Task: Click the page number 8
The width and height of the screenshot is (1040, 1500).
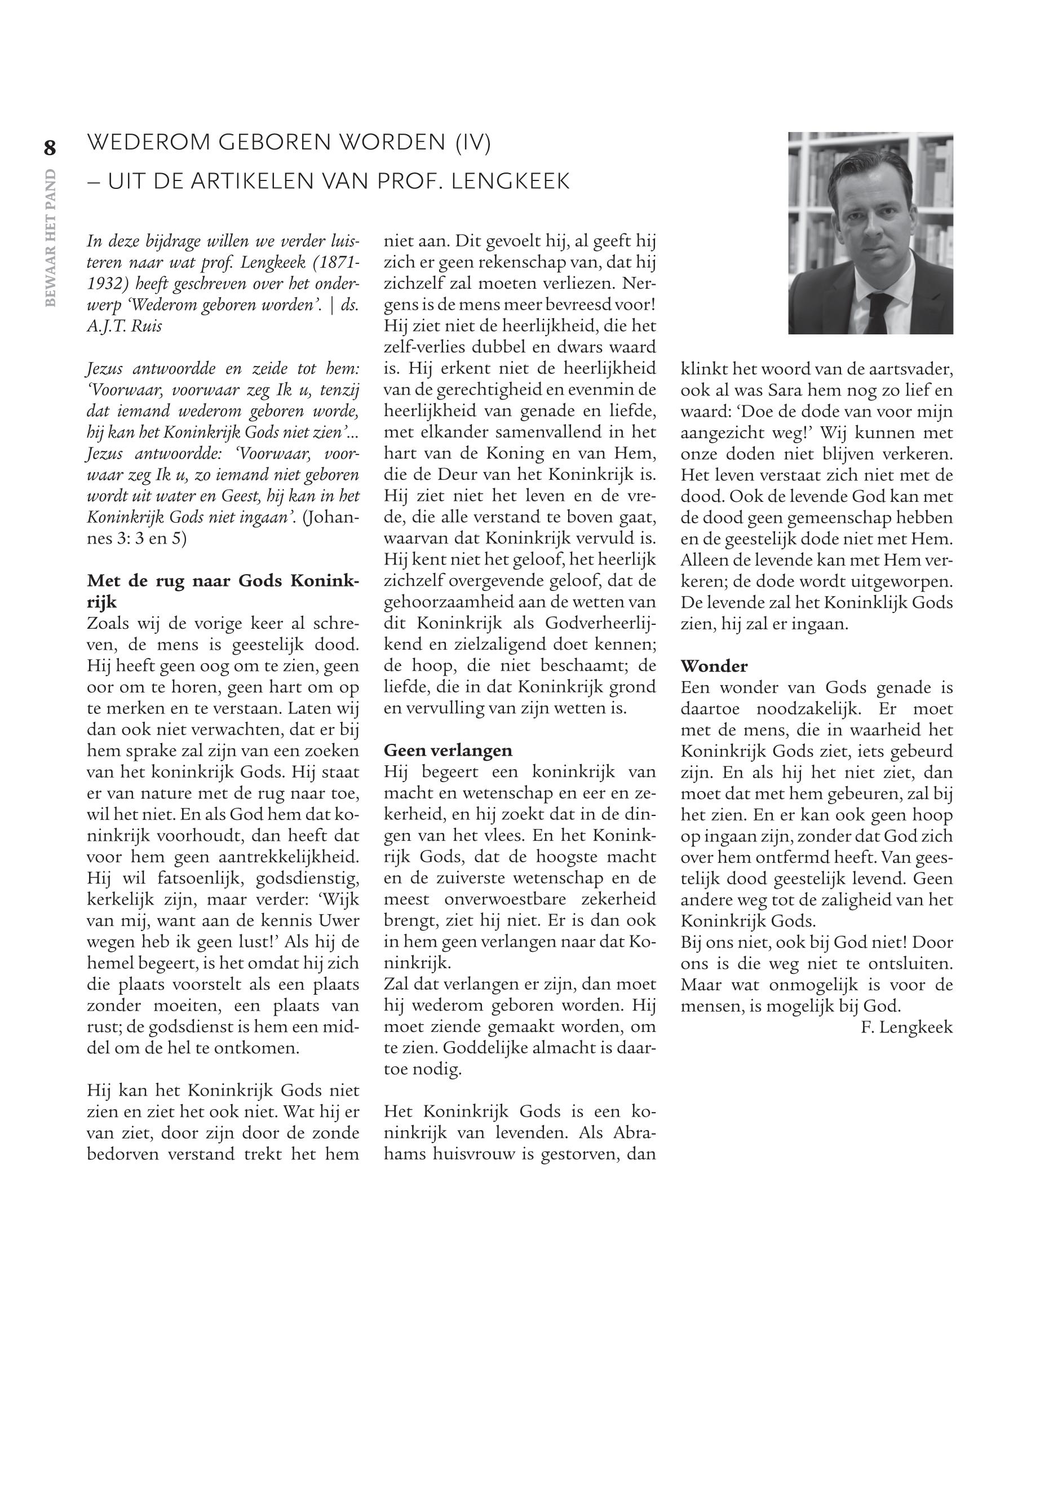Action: click(50, 148)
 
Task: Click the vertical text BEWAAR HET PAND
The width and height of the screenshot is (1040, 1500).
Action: click(51, 237)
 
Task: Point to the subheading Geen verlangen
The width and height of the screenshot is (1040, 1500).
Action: click(448, 751)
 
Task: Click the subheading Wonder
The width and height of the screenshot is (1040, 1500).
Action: click(714, 665)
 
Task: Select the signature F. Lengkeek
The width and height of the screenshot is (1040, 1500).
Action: click(906, 1027)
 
